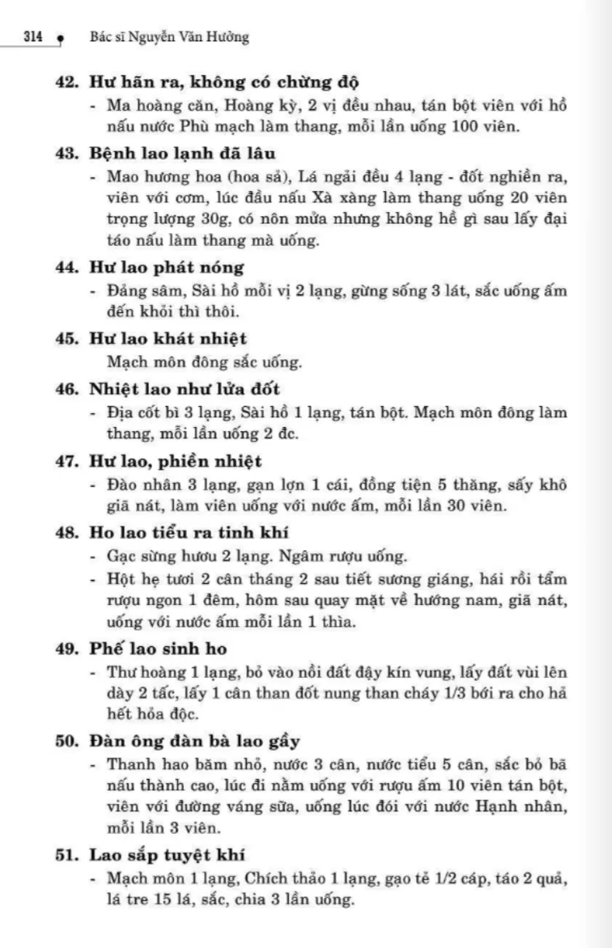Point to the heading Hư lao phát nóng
[166, 267]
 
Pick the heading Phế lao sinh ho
[158, 649]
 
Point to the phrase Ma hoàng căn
[150, 105]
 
